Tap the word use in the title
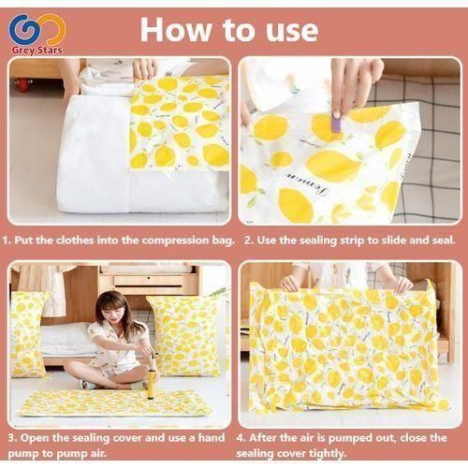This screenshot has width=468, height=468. [287, 29]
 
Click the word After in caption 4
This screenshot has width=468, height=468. [270, 436]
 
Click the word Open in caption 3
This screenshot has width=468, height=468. [36, 436]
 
